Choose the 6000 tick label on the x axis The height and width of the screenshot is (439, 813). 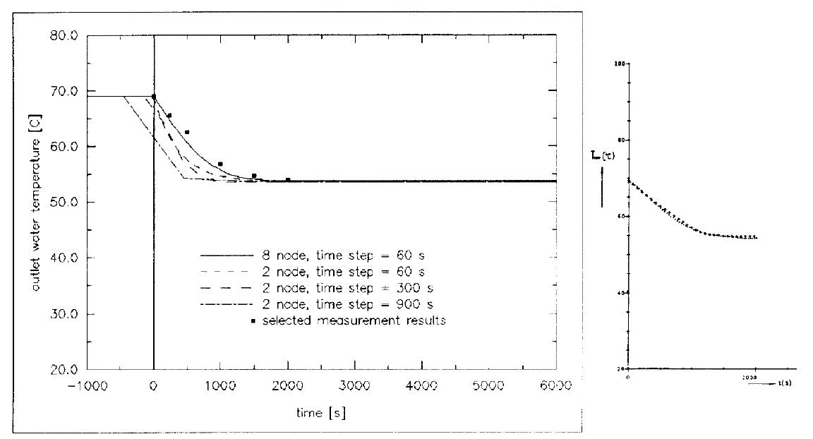coord(555,385)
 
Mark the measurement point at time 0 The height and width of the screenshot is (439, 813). coord(153,97)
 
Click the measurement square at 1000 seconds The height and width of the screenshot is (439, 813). coord(220,164)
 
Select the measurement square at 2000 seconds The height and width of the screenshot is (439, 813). coord(288,180)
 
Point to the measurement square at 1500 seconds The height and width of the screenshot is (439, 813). coord(254,176)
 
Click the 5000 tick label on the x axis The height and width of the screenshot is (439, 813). coord(488,385)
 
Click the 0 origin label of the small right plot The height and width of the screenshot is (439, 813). coord(627,377)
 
